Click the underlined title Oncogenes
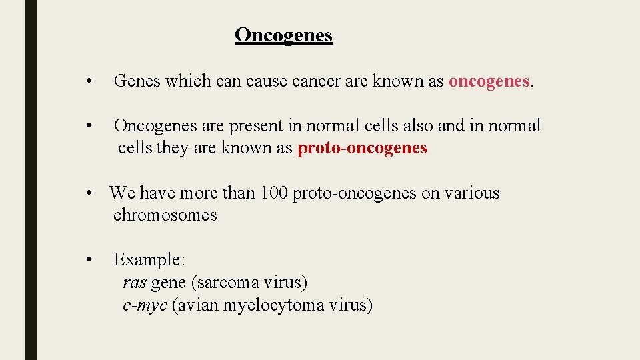click(283, 35)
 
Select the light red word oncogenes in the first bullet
click(489, 81)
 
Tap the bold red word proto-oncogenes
click(362, 148)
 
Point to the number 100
click(274, 193)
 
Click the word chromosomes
click(165, 215)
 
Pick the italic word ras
click(134, 283)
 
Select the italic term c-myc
click(145, 305)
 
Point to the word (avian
click(195, 305)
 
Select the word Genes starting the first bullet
click(137, 81)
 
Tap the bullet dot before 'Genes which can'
click(88, 82)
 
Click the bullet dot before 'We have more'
click(88, 194)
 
